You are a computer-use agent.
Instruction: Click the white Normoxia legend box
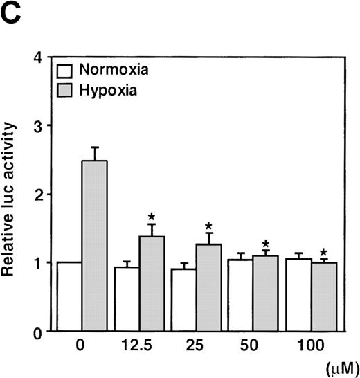tap(65, 71)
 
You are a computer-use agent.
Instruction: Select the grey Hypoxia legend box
tap(65, 89)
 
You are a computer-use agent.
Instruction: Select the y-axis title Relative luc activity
tap(12, 199)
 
